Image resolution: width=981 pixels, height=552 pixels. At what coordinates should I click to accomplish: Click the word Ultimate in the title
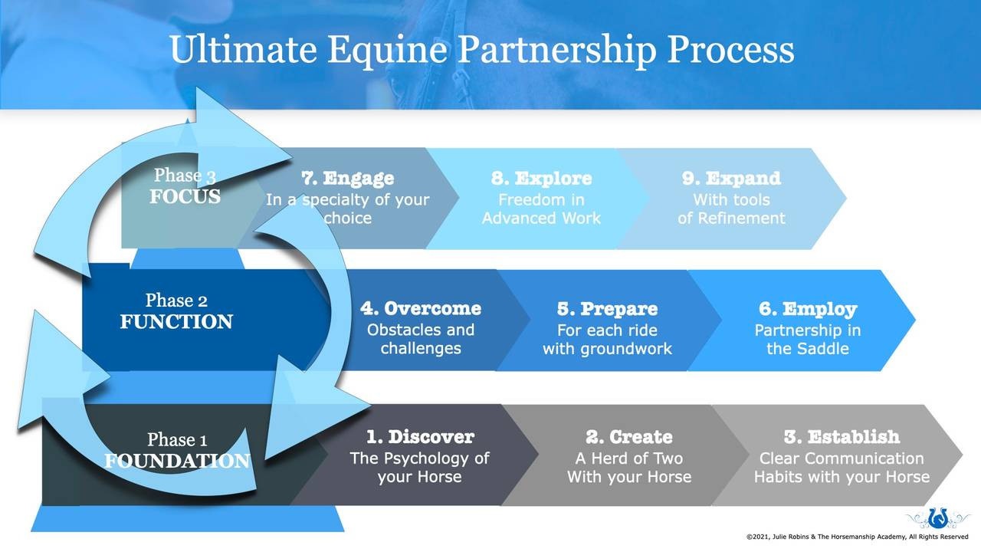pos(242,50)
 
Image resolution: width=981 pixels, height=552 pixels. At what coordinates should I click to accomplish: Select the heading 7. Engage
pos(348,179)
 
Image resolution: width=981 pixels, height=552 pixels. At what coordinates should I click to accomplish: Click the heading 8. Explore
pos(541,179)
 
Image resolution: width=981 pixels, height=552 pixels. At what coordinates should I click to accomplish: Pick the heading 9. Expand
pos(731,179)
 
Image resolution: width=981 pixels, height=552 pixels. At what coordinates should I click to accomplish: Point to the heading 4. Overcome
pos(421,309)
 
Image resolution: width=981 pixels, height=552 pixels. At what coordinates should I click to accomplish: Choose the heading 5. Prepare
pos(607,309)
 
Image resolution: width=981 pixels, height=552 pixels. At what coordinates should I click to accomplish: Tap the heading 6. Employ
pos(808,309)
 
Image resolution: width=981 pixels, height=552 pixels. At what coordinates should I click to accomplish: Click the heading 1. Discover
pos(419,437)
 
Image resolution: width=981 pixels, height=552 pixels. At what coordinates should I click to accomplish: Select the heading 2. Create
pos(628,437)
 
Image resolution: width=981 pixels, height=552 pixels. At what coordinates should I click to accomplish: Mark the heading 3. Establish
pos(842,437)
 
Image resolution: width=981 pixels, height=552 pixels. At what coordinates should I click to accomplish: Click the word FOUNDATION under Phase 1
pos(177,462)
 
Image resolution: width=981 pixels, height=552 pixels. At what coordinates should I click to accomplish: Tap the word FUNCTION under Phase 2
pos(176,322)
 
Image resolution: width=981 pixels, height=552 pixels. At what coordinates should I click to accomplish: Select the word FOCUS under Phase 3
pos(185,197)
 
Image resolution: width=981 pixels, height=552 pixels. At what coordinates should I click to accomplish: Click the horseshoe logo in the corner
pos(937,518)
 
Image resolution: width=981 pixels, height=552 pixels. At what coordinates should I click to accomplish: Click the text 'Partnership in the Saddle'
pos(808,340)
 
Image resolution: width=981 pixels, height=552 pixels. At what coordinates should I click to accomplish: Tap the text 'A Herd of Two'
pos(628,458)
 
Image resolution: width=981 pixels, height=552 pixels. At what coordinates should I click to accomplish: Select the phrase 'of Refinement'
pos(731,219)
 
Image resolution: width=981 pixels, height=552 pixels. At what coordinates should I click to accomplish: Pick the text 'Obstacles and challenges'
pos(421,340)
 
